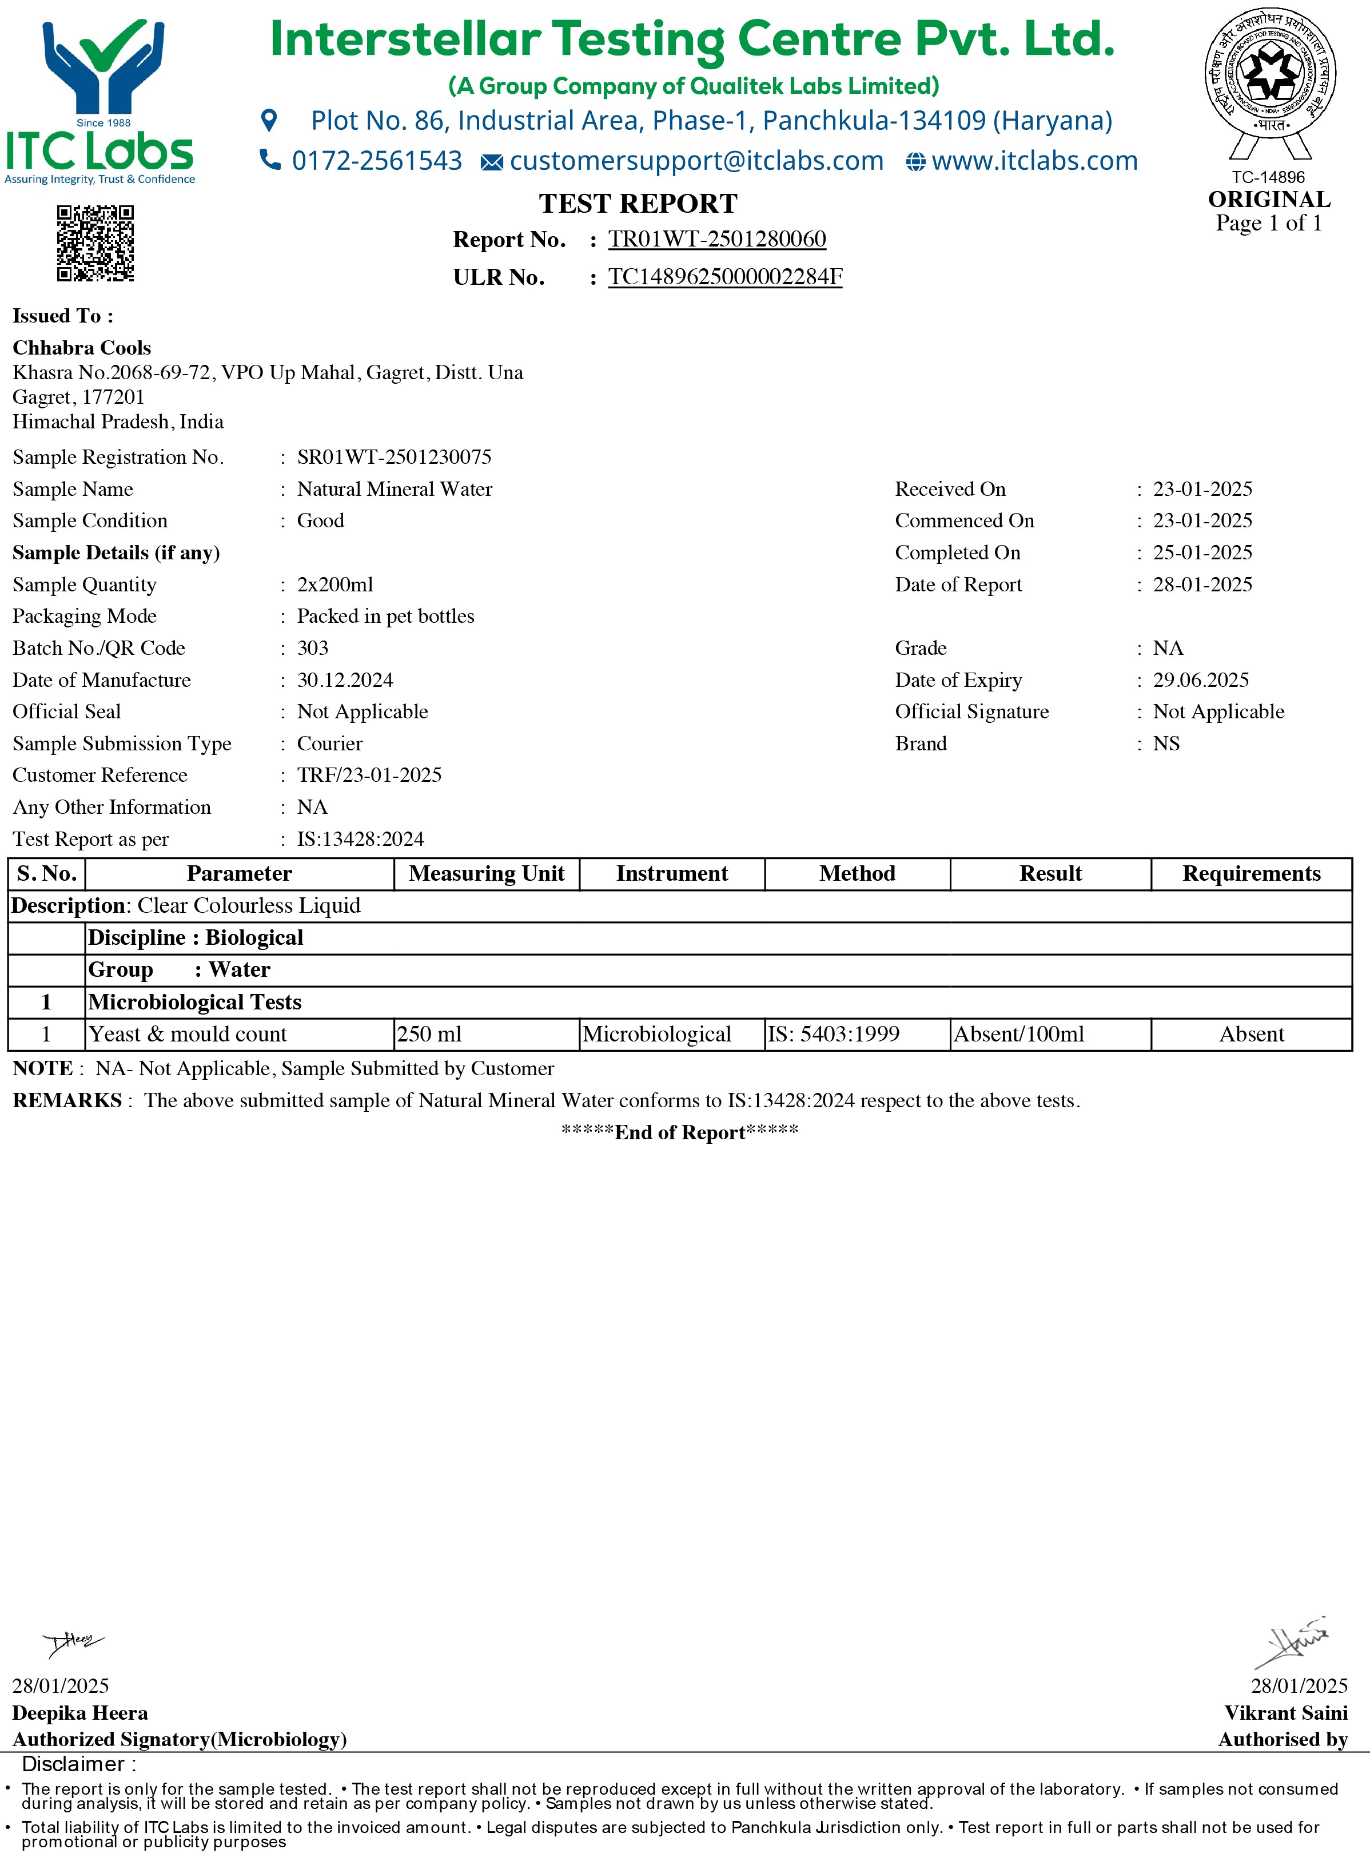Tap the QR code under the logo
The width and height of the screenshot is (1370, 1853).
coord(95,243)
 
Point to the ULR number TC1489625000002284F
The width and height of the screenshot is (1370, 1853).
coord(725,276)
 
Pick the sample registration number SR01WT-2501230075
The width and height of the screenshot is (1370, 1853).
coord(394,457)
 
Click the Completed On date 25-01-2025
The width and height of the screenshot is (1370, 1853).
coord(1202,552)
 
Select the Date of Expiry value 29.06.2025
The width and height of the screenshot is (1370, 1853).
coord(1200,680)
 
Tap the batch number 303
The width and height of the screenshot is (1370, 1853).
coord(313,648)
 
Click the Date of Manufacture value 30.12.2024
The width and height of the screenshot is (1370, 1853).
coord(345,680)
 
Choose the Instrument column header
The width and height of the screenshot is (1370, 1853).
coord(672,873)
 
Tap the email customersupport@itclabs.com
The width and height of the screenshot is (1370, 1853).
coord(696,161)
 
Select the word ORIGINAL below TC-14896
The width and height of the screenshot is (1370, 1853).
coord(1269,200)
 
